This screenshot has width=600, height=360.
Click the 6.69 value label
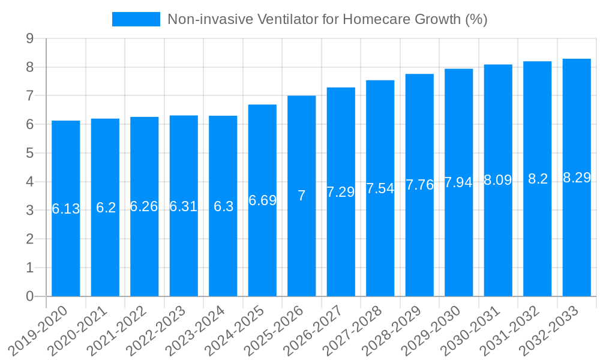tap(262, 200)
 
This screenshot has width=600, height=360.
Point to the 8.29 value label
tap(577, 178)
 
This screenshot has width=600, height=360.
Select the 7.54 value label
tap(380, 188)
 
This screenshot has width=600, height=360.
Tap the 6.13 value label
tap(66, 209)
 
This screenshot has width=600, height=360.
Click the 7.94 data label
tap(459, 182)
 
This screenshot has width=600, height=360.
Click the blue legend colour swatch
tap(136, 19)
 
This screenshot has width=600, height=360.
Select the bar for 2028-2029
tap(419, 240)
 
